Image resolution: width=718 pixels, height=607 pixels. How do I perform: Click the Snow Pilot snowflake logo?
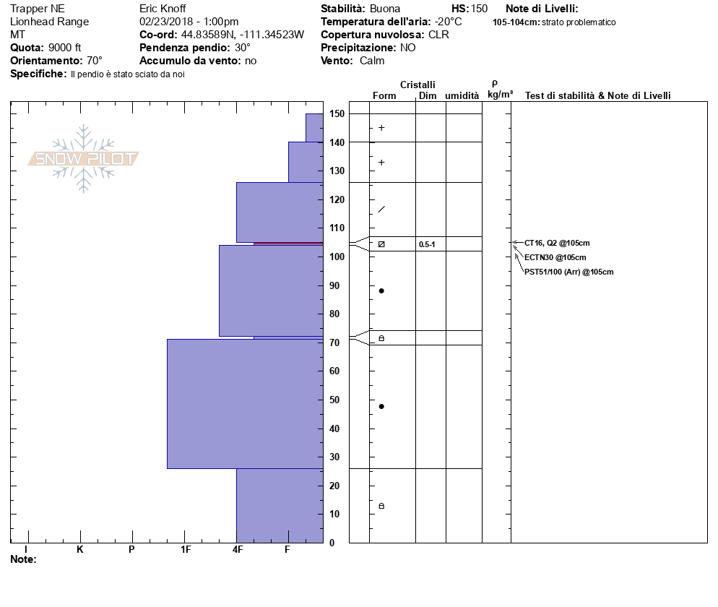(x=84, y=158)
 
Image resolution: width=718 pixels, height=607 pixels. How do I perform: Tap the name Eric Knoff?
(x=163, y=9)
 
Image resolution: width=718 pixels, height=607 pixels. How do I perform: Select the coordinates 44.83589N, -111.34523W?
(x=242, y=35)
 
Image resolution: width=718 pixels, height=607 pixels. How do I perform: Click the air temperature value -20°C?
(x=449, y=22)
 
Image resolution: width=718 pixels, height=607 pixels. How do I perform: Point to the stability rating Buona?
(x=384, y=9)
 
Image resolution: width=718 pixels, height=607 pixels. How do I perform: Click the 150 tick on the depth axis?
(x=337, y=113)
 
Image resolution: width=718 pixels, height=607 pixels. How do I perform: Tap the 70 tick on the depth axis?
(x=337, y=343)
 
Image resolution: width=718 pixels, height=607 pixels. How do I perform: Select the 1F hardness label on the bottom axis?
(x=186, y=550)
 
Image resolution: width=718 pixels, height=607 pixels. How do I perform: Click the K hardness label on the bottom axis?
(x=79, y=550)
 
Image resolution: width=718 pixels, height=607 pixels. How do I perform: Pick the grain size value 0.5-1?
(x=427, y=245)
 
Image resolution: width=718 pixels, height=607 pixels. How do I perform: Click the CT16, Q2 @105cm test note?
(x=557, y=244)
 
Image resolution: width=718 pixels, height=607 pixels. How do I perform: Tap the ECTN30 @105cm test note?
(x=555, y=257)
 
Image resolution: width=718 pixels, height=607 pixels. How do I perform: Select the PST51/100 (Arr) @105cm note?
(x=568, y=272)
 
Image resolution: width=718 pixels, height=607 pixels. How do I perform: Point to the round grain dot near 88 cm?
(x=381, y=290)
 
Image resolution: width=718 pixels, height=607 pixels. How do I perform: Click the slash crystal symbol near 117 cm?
(x=381, y=210)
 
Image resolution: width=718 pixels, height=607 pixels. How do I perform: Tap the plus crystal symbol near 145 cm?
(x=381, y=128)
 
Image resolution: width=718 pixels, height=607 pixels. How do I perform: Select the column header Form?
(x=384, y=96)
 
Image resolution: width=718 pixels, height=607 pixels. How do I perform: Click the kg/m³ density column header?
(x=500, y=95)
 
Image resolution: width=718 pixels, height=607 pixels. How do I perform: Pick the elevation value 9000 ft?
(x=64, y=48)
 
